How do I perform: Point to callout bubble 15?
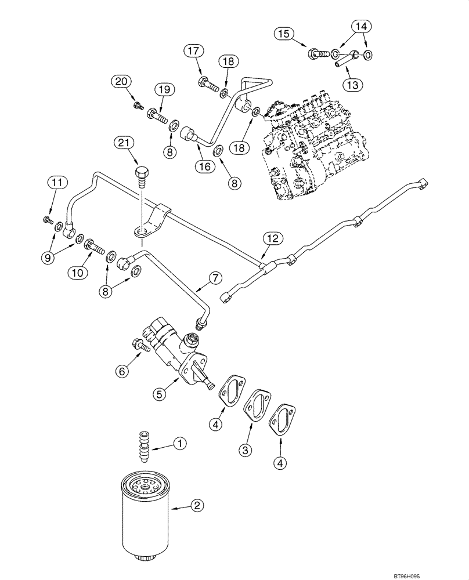coord(283,34)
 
